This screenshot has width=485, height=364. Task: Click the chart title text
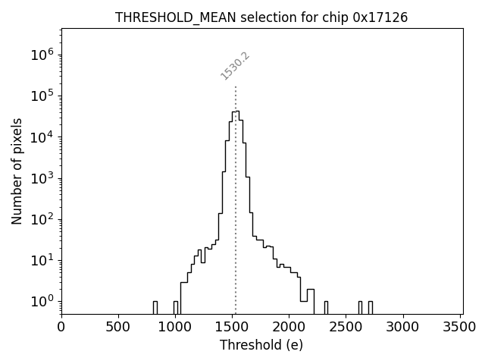pos(261,17)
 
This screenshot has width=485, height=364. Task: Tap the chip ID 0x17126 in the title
pos(380,17)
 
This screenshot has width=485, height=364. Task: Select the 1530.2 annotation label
pos(235,66)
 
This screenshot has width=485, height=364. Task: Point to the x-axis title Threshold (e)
pos(261,345)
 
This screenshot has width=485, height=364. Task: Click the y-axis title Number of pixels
pos(17,171)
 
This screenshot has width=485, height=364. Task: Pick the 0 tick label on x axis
pos(61,327)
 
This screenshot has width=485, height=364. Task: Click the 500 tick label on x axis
pos(118,327)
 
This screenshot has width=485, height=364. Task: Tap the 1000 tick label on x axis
pos(175,327)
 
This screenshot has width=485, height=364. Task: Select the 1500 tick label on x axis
pos(233,327)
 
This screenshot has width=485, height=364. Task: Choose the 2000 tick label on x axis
pos(289,327)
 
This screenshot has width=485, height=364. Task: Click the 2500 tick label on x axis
pos(346,327)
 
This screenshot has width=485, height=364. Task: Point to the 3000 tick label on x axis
pos(403,327)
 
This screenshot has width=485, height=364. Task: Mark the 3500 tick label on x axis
pos(461,327)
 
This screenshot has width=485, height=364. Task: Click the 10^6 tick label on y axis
pos(42,55)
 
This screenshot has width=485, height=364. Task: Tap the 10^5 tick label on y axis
pos(42,96)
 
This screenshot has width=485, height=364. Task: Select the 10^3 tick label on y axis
pos(42,178)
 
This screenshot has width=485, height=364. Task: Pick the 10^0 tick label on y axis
pos(42,301)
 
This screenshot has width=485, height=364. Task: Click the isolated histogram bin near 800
pos(155,307)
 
